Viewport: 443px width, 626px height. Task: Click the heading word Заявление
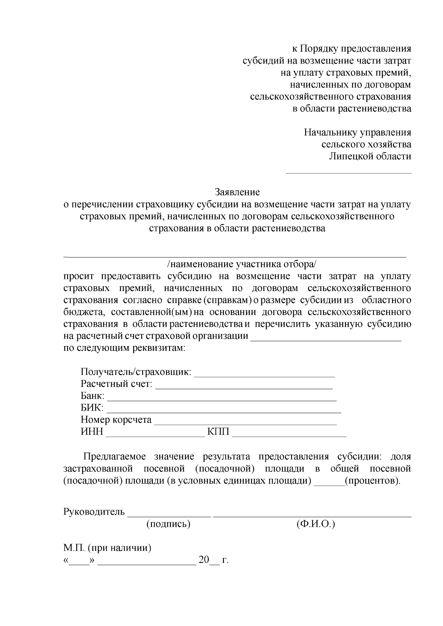coord(237,192)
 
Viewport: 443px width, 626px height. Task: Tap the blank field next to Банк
coord(221,398)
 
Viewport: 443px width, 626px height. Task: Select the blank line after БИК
coord(223,410)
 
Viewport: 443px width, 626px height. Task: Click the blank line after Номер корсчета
coord(245,422)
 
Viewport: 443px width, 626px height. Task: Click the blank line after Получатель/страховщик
coord(264,374)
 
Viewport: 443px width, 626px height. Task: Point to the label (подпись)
coord(168,524)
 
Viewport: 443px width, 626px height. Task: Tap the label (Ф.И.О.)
coord(316,524)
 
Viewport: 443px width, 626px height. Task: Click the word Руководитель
coord(95,512)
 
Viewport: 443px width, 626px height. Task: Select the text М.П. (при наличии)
coord(107,548)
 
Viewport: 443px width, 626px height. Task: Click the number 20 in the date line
coord(204,560)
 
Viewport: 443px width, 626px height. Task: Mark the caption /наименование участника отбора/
coord(242,264)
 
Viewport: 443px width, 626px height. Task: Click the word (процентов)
coord(372,481)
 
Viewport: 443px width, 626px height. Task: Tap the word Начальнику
coord(330,132)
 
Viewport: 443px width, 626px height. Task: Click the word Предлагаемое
coord(113,457)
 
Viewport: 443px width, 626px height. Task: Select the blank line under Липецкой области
coord(349,172)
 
